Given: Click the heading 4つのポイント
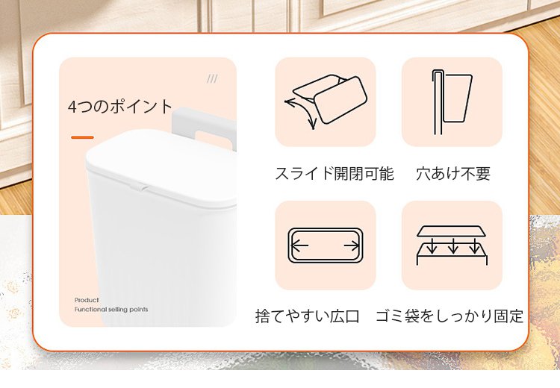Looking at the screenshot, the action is click(120, 107).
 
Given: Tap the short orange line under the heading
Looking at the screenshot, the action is click(82, 137).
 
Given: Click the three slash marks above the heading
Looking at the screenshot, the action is click(212, 78).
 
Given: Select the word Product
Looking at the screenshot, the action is click(87, 300).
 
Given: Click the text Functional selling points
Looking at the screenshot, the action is click(111, 310).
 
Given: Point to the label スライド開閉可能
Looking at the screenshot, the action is click(335, 173).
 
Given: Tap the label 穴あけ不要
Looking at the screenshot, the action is click(453, 173).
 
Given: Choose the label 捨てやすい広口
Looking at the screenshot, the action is click(307, 316).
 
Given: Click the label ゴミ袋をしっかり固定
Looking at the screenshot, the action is click(449, 316).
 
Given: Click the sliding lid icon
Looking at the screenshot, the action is click(326, 101).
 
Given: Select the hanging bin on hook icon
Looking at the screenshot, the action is click(452, 101).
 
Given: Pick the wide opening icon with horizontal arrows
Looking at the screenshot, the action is click(326, 245).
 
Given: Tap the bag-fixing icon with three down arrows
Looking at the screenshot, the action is click(452, 245).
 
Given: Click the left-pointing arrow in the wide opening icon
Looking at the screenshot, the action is click(299, 245).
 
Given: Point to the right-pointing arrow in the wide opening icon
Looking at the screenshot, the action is click(352, 245).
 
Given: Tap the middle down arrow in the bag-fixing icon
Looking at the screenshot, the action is click(453, 245).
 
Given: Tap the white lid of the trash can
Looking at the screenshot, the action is click(161, 168).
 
